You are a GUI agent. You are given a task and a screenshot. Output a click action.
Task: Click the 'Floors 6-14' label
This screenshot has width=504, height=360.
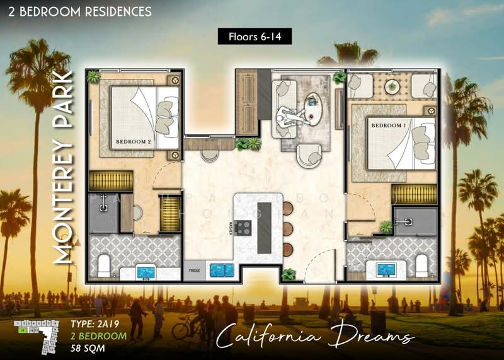[255, 37]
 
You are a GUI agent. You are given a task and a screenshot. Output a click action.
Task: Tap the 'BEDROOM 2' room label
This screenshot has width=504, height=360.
[133, 142]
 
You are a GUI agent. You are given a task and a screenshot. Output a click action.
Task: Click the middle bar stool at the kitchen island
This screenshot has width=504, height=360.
[289, 228]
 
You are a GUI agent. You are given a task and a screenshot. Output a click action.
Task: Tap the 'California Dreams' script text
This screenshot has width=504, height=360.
[315, 337]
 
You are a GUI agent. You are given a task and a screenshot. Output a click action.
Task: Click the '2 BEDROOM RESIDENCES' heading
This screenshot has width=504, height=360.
[80, 11]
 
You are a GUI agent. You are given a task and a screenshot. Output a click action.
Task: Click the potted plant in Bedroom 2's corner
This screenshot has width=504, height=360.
[94, 77]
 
